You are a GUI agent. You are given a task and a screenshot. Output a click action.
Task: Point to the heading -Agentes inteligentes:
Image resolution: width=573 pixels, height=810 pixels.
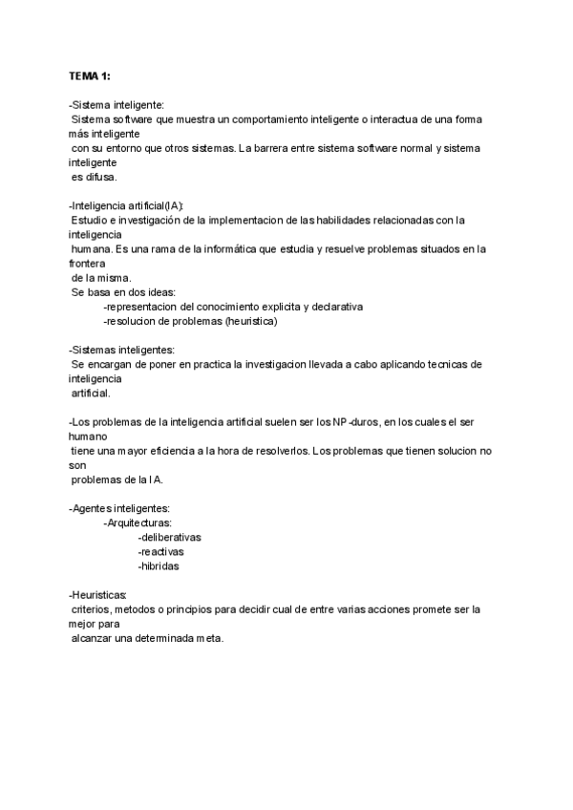119,508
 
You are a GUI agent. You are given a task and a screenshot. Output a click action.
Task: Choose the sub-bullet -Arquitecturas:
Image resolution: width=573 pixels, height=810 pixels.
138,522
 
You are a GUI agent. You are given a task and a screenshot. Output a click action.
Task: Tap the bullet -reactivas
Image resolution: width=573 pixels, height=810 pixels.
161,551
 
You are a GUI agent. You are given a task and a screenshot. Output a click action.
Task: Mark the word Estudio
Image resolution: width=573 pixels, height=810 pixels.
92,221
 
